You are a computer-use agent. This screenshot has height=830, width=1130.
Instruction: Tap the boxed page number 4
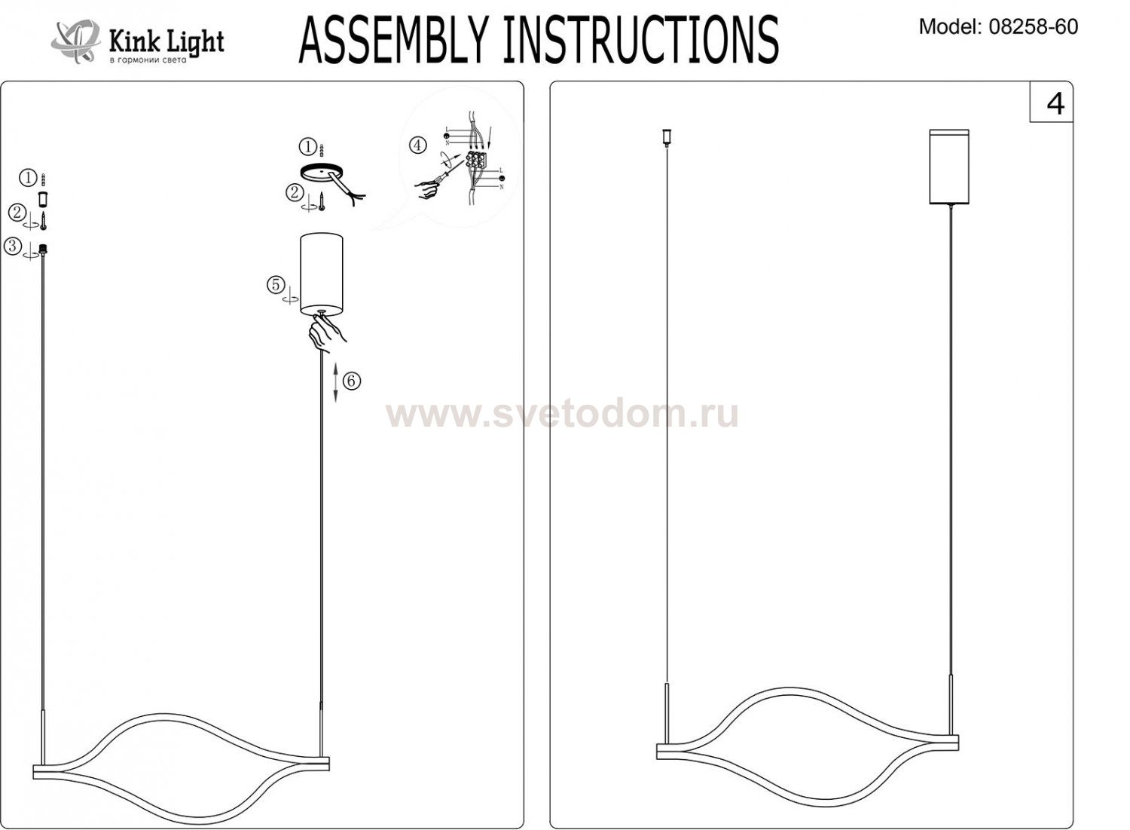tap(1055, 103)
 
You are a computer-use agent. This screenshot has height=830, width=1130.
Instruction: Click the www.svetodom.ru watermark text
tap(562, 414)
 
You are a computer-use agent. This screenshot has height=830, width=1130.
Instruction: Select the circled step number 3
tap(13, 246)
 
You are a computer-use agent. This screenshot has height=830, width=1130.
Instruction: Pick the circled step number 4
tap(417, 145)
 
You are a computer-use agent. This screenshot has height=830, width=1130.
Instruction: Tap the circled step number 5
tap(276, 285)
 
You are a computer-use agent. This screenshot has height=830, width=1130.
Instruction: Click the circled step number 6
tap(352, 381)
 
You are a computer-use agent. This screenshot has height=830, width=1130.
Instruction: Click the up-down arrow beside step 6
tap(336, 381)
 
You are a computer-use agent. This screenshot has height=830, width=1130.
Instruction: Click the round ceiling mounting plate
tap(319, 173)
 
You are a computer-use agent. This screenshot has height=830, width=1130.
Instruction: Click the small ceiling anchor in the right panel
tap(666, 136)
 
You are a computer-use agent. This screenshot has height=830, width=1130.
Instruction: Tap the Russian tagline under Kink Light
tap(148, 60)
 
